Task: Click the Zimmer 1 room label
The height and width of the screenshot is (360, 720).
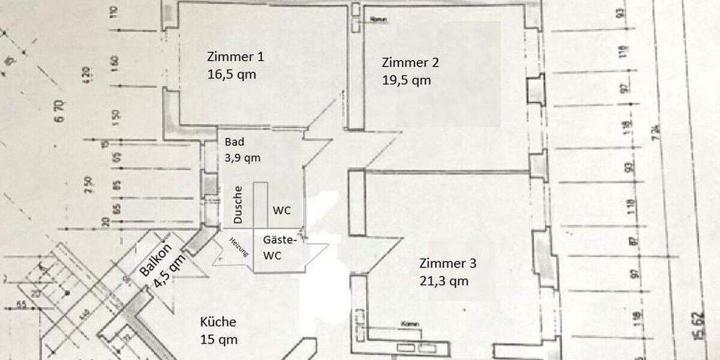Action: [x=235, y=57]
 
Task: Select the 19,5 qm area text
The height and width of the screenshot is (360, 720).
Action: [x=406, y=80]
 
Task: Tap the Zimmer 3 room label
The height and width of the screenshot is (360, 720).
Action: [x=448, y=263]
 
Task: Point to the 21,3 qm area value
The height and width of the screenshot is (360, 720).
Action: [x=444, y=281]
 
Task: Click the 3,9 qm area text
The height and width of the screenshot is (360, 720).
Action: [x=242, y=158]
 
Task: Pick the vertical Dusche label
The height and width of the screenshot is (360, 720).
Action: [x=238, y=205]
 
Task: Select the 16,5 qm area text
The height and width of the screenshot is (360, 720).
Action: [x=232, y=75]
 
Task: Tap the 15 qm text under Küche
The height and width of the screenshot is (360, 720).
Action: [x=218, y=340]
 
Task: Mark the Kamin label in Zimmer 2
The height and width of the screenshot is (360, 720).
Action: [x=379, y=20]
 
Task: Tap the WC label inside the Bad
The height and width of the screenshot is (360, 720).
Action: [x=281, y=211]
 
